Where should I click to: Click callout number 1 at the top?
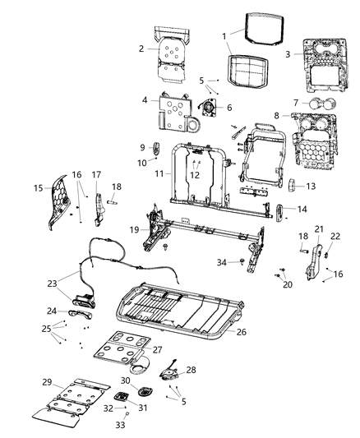(x=224, y=35)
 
